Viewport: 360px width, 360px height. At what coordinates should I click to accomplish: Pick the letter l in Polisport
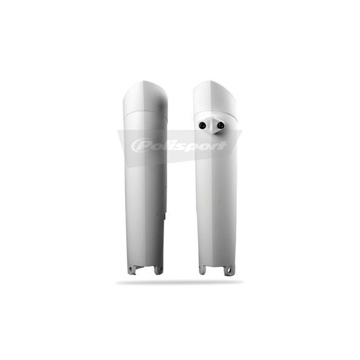(x=162, y=145)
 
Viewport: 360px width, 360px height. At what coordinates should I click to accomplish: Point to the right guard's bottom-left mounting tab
(x=202, y=268)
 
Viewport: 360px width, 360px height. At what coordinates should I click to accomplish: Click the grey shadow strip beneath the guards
(x=180, y=282)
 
